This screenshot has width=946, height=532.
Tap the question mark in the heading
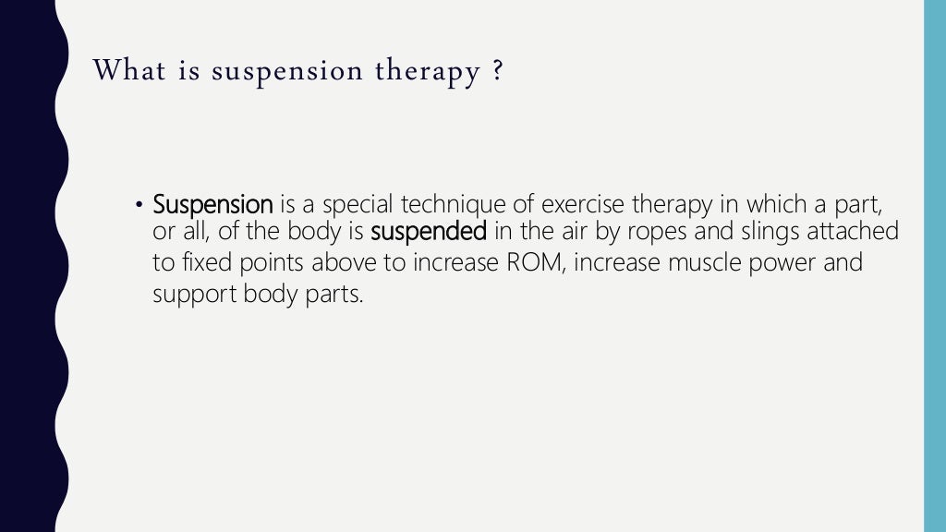[499, 70]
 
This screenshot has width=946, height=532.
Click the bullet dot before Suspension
[139, 204]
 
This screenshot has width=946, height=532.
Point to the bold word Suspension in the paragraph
[212, 204]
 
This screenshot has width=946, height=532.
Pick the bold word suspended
[428, 233]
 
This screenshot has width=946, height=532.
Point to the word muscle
[710, 263]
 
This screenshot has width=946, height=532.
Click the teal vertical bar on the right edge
[935, 266]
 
